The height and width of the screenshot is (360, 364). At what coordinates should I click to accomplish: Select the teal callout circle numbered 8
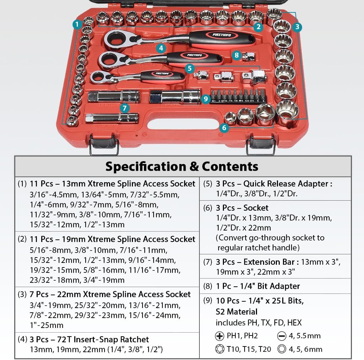click(236, 55)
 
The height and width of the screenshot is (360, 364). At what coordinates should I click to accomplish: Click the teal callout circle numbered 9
click(206, 99)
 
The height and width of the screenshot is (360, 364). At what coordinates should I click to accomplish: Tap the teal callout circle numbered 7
click(123, 108)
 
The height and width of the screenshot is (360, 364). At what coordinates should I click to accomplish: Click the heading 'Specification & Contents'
click(182, 166)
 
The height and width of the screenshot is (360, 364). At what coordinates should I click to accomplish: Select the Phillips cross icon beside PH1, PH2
click(220, 336)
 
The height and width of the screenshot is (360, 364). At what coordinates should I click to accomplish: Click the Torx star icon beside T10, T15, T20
click(220, 349)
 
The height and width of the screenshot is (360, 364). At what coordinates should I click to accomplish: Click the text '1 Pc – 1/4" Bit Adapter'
click(258, 286)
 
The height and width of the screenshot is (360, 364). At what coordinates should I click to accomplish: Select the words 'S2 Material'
click(236, 312)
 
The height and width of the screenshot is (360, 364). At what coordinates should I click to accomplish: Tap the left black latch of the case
click(104, 146)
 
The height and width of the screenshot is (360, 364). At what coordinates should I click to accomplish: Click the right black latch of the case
click(261, 146)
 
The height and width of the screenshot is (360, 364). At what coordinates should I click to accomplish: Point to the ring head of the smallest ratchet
click(98, 77)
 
